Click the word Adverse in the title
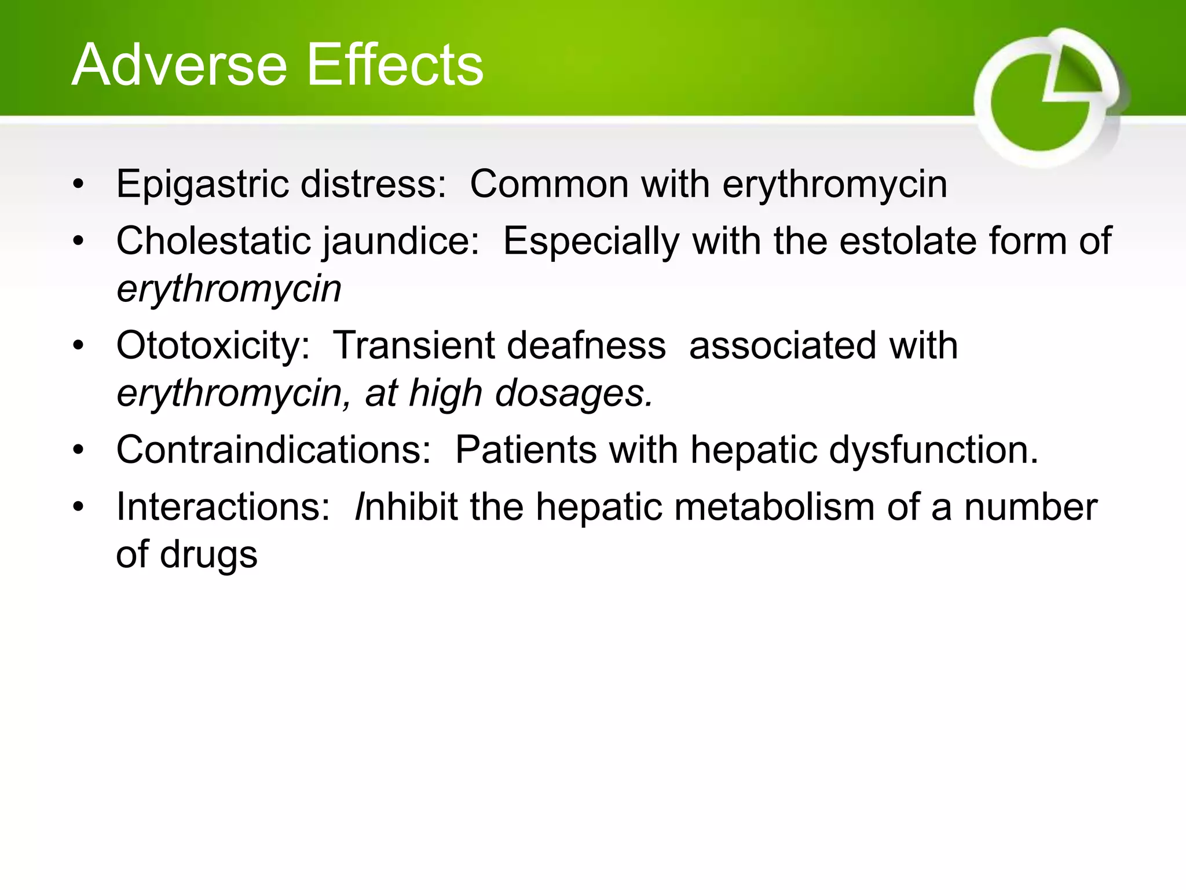179,65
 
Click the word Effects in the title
394,65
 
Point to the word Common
549,184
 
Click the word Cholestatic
213,241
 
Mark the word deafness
586,346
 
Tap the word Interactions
223,507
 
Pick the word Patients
525,450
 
